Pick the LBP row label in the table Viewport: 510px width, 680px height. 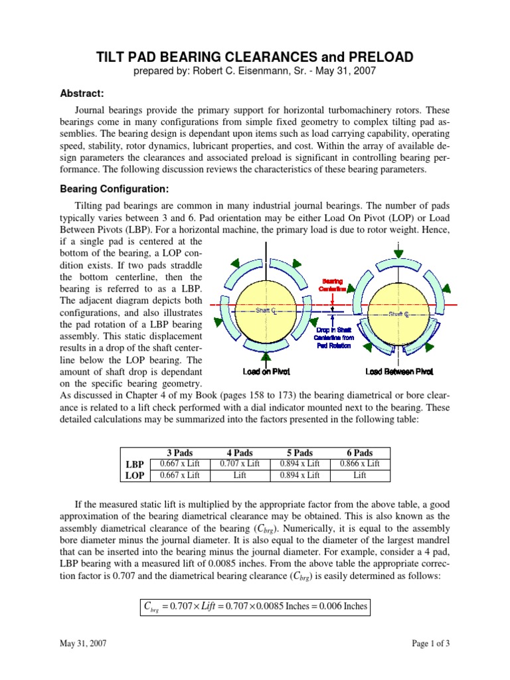(135, 464)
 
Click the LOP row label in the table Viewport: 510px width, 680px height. (135, 475)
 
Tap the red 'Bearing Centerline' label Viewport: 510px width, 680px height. (333, 285)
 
